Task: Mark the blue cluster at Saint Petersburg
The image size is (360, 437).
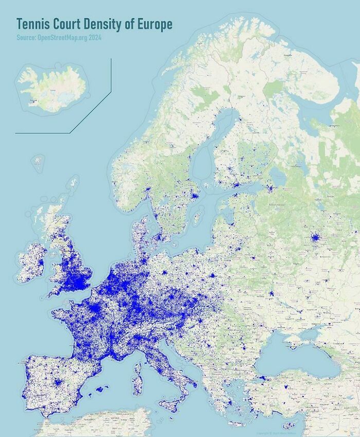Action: [269, 189]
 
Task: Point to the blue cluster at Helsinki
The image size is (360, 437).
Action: [236, 185]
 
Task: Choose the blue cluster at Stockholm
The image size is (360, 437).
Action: [194, 195]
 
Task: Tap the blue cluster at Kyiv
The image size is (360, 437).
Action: [271, 293]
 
